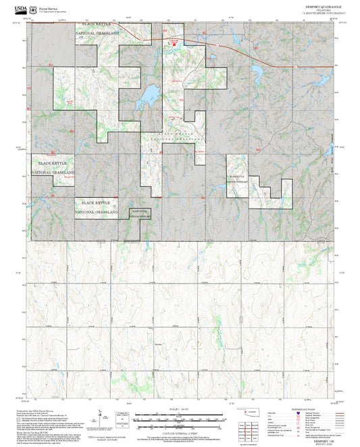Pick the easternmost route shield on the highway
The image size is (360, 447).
[x=295, y=66]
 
